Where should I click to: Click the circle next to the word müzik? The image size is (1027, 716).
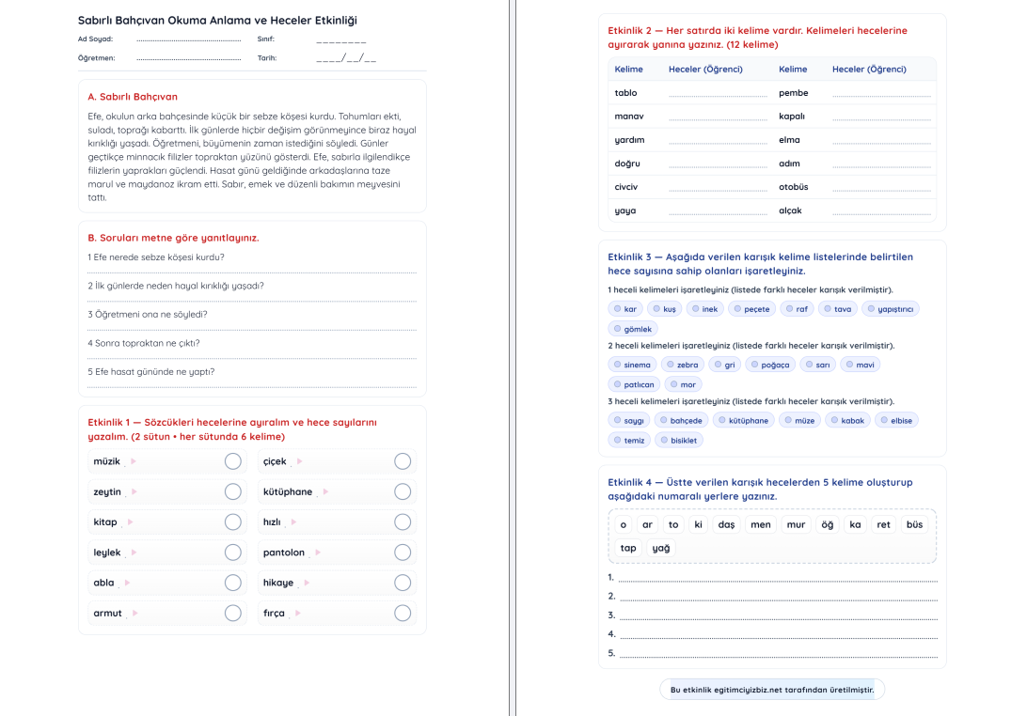click(232, 461)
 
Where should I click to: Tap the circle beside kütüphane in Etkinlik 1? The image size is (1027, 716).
click(403, 491)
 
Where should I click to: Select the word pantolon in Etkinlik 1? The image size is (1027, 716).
click(284, 553)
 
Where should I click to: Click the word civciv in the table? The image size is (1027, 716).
click(626, 187)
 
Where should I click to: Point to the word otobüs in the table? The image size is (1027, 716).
click(794, 187)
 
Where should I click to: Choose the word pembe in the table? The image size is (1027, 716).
click(794, 93)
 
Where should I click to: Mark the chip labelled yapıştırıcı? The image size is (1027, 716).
click(891, 309)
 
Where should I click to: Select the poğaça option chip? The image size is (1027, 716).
click(769, 365)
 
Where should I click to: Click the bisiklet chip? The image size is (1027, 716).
click(678, 440)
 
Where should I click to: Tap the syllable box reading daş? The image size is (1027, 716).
click(726, 524)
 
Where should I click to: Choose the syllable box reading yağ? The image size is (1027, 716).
click(661, 548)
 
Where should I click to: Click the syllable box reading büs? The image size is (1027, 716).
click(914, 524)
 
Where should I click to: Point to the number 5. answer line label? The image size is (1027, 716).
click(611, 653)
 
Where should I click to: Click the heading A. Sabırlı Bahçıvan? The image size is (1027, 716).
click(133, 97)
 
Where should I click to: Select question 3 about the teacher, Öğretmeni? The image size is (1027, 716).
click(148, 314)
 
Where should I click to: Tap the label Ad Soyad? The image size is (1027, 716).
click(95, 39)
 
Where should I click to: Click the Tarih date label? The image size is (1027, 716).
click(267, 57)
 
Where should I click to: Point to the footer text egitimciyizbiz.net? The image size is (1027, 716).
click(772, 690)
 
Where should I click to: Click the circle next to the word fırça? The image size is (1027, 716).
click(403, 613)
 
